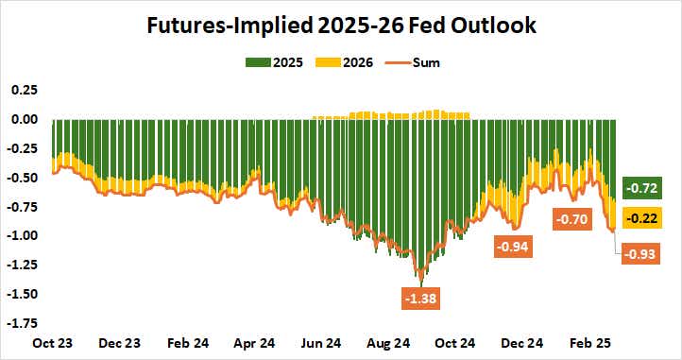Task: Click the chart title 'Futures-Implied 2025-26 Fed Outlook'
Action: pos(340,26)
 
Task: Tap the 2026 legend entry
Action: pos(348,63)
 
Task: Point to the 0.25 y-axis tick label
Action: pos(25,90)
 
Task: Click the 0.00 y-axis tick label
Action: pos(25,119)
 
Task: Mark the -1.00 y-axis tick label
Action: pos(23,235)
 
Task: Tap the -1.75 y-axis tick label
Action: pos(23,323)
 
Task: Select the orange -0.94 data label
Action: pos(516,248)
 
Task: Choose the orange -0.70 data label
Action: pos(573,219)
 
